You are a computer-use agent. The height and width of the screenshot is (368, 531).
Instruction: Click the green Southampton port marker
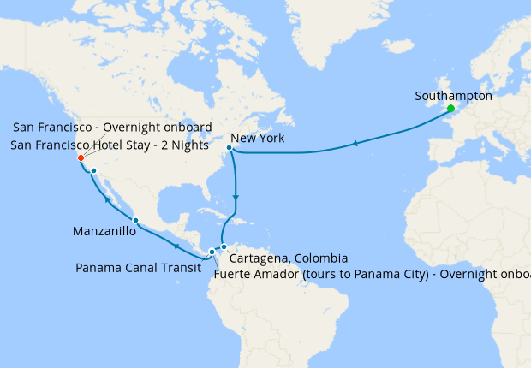pyautogui.click(x=450, y=109)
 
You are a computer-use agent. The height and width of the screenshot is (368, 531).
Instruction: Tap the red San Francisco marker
pyautogui.click(x=80, y=157)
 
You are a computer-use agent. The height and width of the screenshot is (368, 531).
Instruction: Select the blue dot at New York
pyautogui.click(x=229, y=148)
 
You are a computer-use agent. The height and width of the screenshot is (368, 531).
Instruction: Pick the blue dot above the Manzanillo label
pyautogui.click(x=135, y=221)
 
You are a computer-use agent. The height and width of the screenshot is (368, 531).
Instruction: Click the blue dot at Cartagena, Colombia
pyautogui.click(x=223, y=247)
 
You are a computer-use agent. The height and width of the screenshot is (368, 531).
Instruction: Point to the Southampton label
pyautogui.click(x=453, y=96)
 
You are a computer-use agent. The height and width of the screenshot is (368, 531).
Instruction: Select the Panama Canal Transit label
pyautogui.click(x=138, y=268)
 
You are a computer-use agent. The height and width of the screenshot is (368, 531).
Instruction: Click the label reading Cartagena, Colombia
pyautogui.click(x=289, y=258)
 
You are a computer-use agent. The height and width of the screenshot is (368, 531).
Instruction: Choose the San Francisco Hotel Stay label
pyautogui.click(x=110, y=145)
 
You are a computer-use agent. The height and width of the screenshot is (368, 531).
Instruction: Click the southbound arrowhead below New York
pyautogui.click(x=236, y=198)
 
